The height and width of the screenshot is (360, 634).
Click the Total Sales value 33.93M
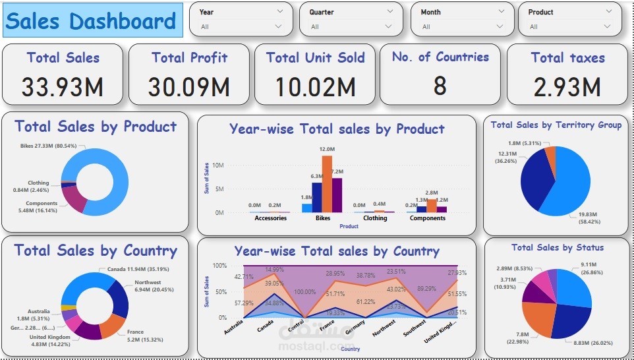point(63,86)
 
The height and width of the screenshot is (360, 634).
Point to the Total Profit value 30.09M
point(189,86)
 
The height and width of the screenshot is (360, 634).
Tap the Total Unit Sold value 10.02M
point(315,86)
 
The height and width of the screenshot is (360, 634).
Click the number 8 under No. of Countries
point(440,86)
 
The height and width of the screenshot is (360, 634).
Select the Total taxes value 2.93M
point(567,86)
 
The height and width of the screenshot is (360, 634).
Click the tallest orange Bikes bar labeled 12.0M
point(327,185)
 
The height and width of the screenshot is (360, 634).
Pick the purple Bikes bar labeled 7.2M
point(337,195)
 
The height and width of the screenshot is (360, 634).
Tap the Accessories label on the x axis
point(270,218)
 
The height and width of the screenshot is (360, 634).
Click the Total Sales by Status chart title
point(558,248)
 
